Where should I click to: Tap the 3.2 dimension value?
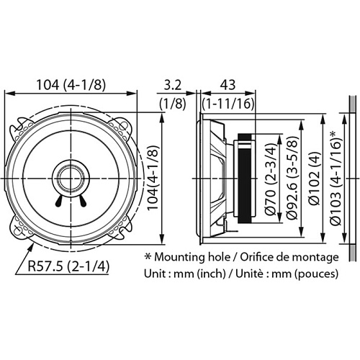point(171,84)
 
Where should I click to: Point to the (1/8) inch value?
point(171,103)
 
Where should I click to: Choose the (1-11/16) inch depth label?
point(228,103)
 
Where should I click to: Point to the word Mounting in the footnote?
point(182,257)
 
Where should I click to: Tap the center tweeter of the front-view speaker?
point(71,176)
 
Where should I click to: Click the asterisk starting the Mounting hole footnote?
point(148,256)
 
